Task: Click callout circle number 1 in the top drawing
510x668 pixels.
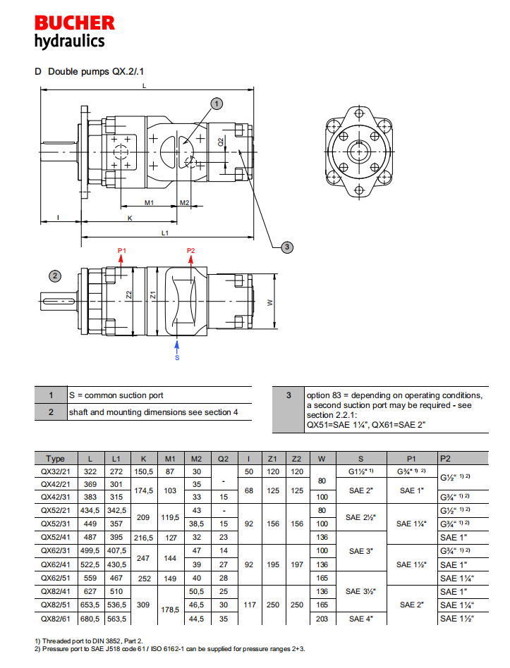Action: click(x=217, y=104)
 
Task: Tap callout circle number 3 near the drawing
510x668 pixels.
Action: click(x=286, y=247)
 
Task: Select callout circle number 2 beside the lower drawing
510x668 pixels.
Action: click(x=55, y=275)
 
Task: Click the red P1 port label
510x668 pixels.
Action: click(x=121, y=251)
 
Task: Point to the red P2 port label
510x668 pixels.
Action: click(x=191, y=251)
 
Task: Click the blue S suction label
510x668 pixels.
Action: click(x=177, y=357)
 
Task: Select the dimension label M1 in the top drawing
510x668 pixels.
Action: click(x=150, y=203)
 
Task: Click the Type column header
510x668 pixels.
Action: click(x=55, y=458)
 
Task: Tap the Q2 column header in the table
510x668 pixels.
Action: click(x=224, y=458)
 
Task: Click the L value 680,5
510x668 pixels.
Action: click(x=90, y=619)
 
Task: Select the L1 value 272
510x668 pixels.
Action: click(x=117, y=471)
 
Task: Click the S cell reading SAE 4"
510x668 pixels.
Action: click(x=361, y=619)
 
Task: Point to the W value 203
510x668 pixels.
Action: click(x=322, y=619)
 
